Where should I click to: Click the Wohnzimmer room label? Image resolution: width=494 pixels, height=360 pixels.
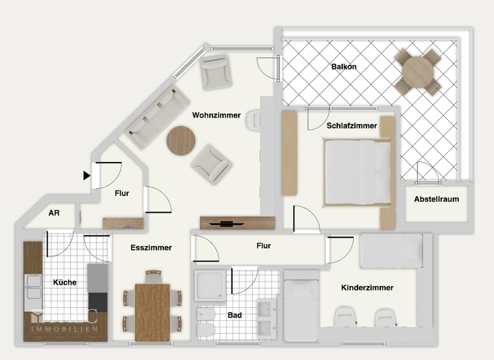pyautogui.click(x=216, y=116)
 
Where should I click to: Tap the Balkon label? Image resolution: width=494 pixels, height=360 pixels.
pyautogui.click(x=344, y=67)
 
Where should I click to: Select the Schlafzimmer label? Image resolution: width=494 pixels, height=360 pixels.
pyautogui.click(x=351, y=126)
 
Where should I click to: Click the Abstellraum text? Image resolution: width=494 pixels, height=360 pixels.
pyautogui.click(x=437, y=199)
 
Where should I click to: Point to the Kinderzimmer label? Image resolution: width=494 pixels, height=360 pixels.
pyautogui.click(x=367, y=288)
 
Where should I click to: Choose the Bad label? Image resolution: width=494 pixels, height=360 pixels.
pyautogui.click(x=235, y=316)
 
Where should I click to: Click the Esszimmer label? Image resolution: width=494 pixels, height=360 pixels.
pyautogui.click(x=151, y=248)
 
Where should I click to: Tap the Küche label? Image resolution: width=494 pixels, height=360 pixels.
pyautogui.click(x=65, y=282)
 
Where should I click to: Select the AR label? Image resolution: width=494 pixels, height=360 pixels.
pyautogui.click(x=54, y=214)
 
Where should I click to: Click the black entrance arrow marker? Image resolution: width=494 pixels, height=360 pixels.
pyautogui.click(x=87, y=175)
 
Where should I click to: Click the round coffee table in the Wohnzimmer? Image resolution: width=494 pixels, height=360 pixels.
pyautogui.click(x=181, y=140)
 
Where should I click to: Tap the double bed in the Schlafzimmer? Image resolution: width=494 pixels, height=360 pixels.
pyautogui.click(x=358, y=172)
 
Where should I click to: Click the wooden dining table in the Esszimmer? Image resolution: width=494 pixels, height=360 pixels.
pyautogui.click(x=152, y=312)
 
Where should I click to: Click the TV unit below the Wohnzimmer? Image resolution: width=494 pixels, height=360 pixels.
pyautogui.click(x=230, y=223)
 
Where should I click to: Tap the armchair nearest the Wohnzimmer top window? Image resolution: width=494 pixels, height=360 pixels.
pyautogui.click(x=214, y=71)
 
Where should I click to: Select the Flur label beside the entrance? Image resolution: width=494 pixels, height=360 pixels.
pyautogui.click(x=122, y=193)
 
